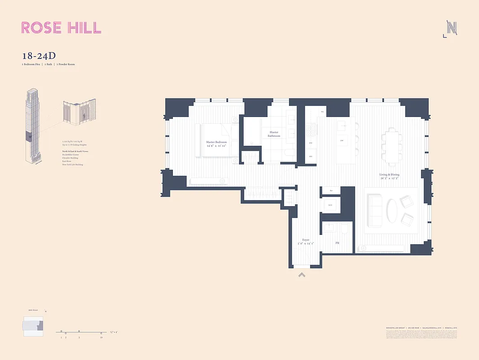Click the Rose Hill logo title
click(x=61, y=27)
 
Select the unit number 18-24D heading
click(x=39, y=56)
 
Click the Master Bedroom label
click(x=216, y=144)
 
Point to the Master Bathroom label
click(x=274, y=134)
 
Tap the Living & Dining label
click(x=389, y=176)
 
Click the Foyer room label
click(x=306, y=242)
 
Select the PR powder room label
click(x=337, y=243)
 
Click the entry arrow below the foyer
click(x=302, y=274)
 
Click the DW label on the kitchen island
click(x=342, y=141)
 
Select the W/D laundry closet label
click(x=330, y=206)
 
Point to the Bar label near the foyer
click(x=331, y=191)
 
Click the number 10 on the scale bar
click(x=101, y=337)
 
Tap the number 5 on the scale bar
click(x=79, y=337)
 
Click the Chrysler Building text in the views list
click(x=71, y=158)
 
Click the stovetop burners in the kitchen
click(x=311, y=130)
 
